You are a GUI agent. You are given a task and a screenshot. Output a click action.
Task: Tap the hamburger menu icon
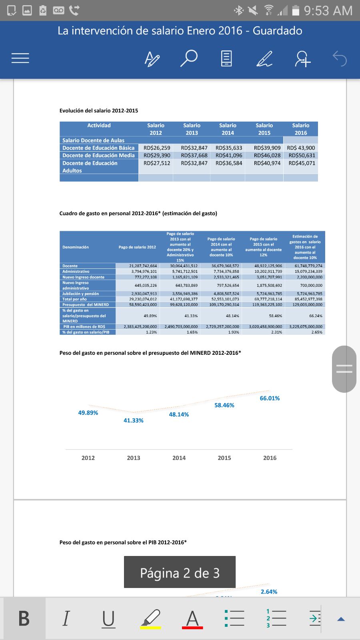click(20, 58)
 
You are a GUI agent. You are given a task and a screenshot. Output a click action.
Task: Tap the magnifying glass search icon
click(188, 58)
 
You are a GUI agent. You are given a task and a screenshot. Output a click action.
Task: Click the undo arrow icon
click(340, 59)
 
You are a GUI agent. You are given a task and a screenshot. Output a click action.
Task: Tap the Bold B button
click(24, 618)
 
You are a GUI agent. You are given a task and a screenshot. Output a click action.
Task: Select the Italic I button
click(66, 618)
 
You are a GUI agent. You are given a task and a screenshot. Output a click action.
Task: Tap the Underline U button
click(108, 618)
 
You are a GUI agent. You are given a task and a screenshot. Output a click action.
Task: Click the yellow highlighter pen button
click(150, 618)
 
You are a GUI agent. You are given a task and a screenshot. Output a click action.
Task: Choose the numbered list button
click(276, 618)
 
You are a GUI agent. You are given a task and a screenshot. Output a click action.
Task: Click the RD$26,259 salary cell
click(157, 148)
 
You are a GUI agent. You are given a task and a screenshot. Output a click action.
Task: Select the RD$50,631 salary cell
click(302, 156)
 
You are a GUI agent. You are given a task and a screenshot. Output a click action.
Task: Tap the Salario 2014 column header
click(228, 129)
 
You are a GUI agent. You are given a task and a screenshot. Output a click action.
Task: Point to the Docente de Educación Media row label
click(98, 156)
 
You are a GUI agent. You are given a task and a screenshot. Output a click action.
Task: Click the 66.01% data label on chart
click(270, 398)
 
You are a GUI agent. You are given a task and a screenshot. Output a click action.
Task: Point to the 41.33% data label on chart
click(133, 420)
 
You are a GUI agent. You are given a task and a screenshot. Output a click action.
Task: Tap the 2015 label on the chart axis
click(224, 458)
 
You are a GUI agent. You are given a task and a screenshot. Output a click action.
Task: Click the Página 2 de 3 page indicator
click(180, 573)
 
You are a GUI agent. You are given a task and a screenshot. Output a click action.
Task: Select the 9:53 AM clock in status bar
click(328, 11)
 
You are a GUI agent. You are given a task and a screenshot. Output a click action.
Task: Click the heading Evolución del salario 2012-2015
click(99, 111)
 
